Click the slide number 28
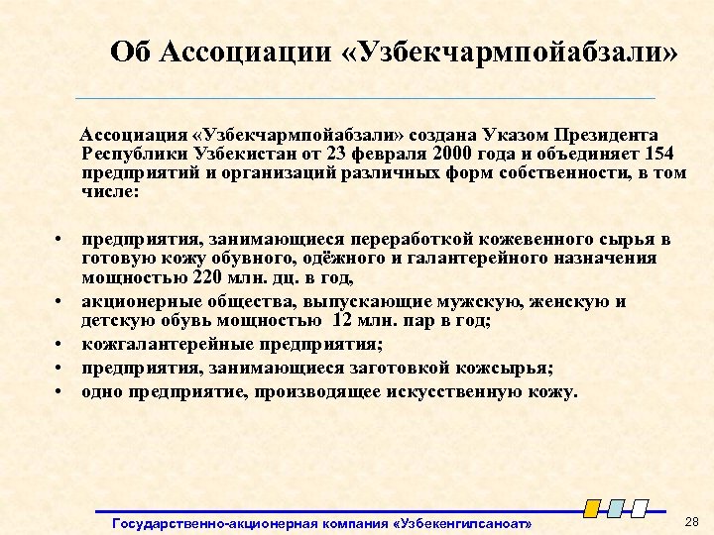(x=691, y=521)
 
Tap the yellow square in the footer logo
(x=592, y=508)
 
